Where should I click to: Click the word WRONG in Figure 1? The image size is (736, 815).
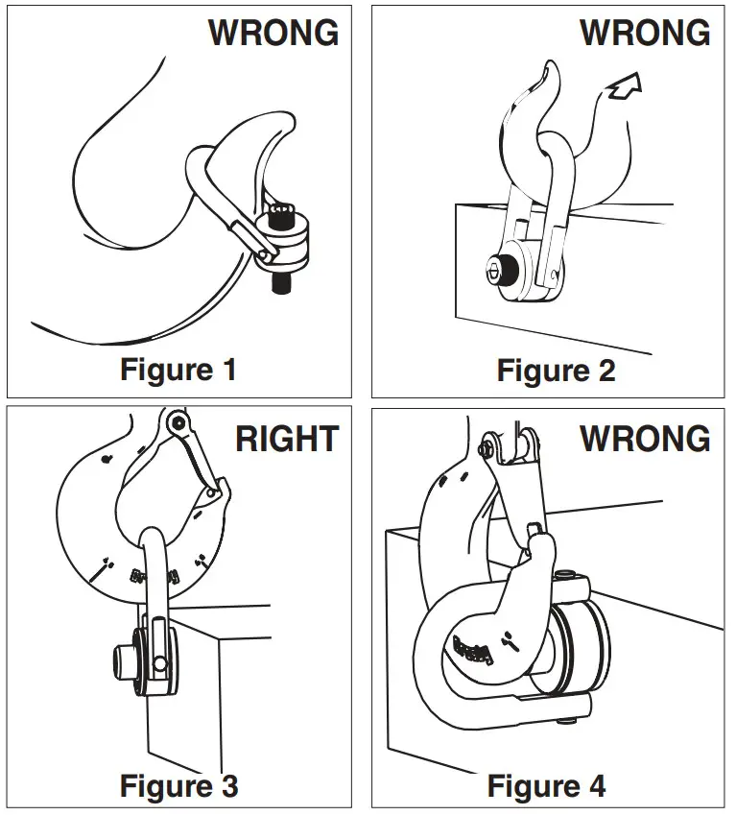[273, 33]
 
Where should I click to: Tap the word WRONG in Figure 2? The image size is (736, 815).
[644, 33]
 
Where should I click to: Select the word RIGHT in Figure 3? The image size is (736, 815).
[287, 440]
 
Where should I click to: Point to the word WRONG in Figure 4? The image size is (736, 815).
[644, 440]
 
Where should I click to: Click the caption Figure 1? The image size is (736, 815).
[178, 369]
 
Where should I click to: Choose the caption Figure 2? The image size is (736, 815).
[556, 370]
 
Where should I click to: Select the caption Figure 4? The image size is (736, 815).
[546, 786]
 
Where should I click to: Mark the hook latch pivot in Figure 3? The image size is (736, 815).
[176, 422]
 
